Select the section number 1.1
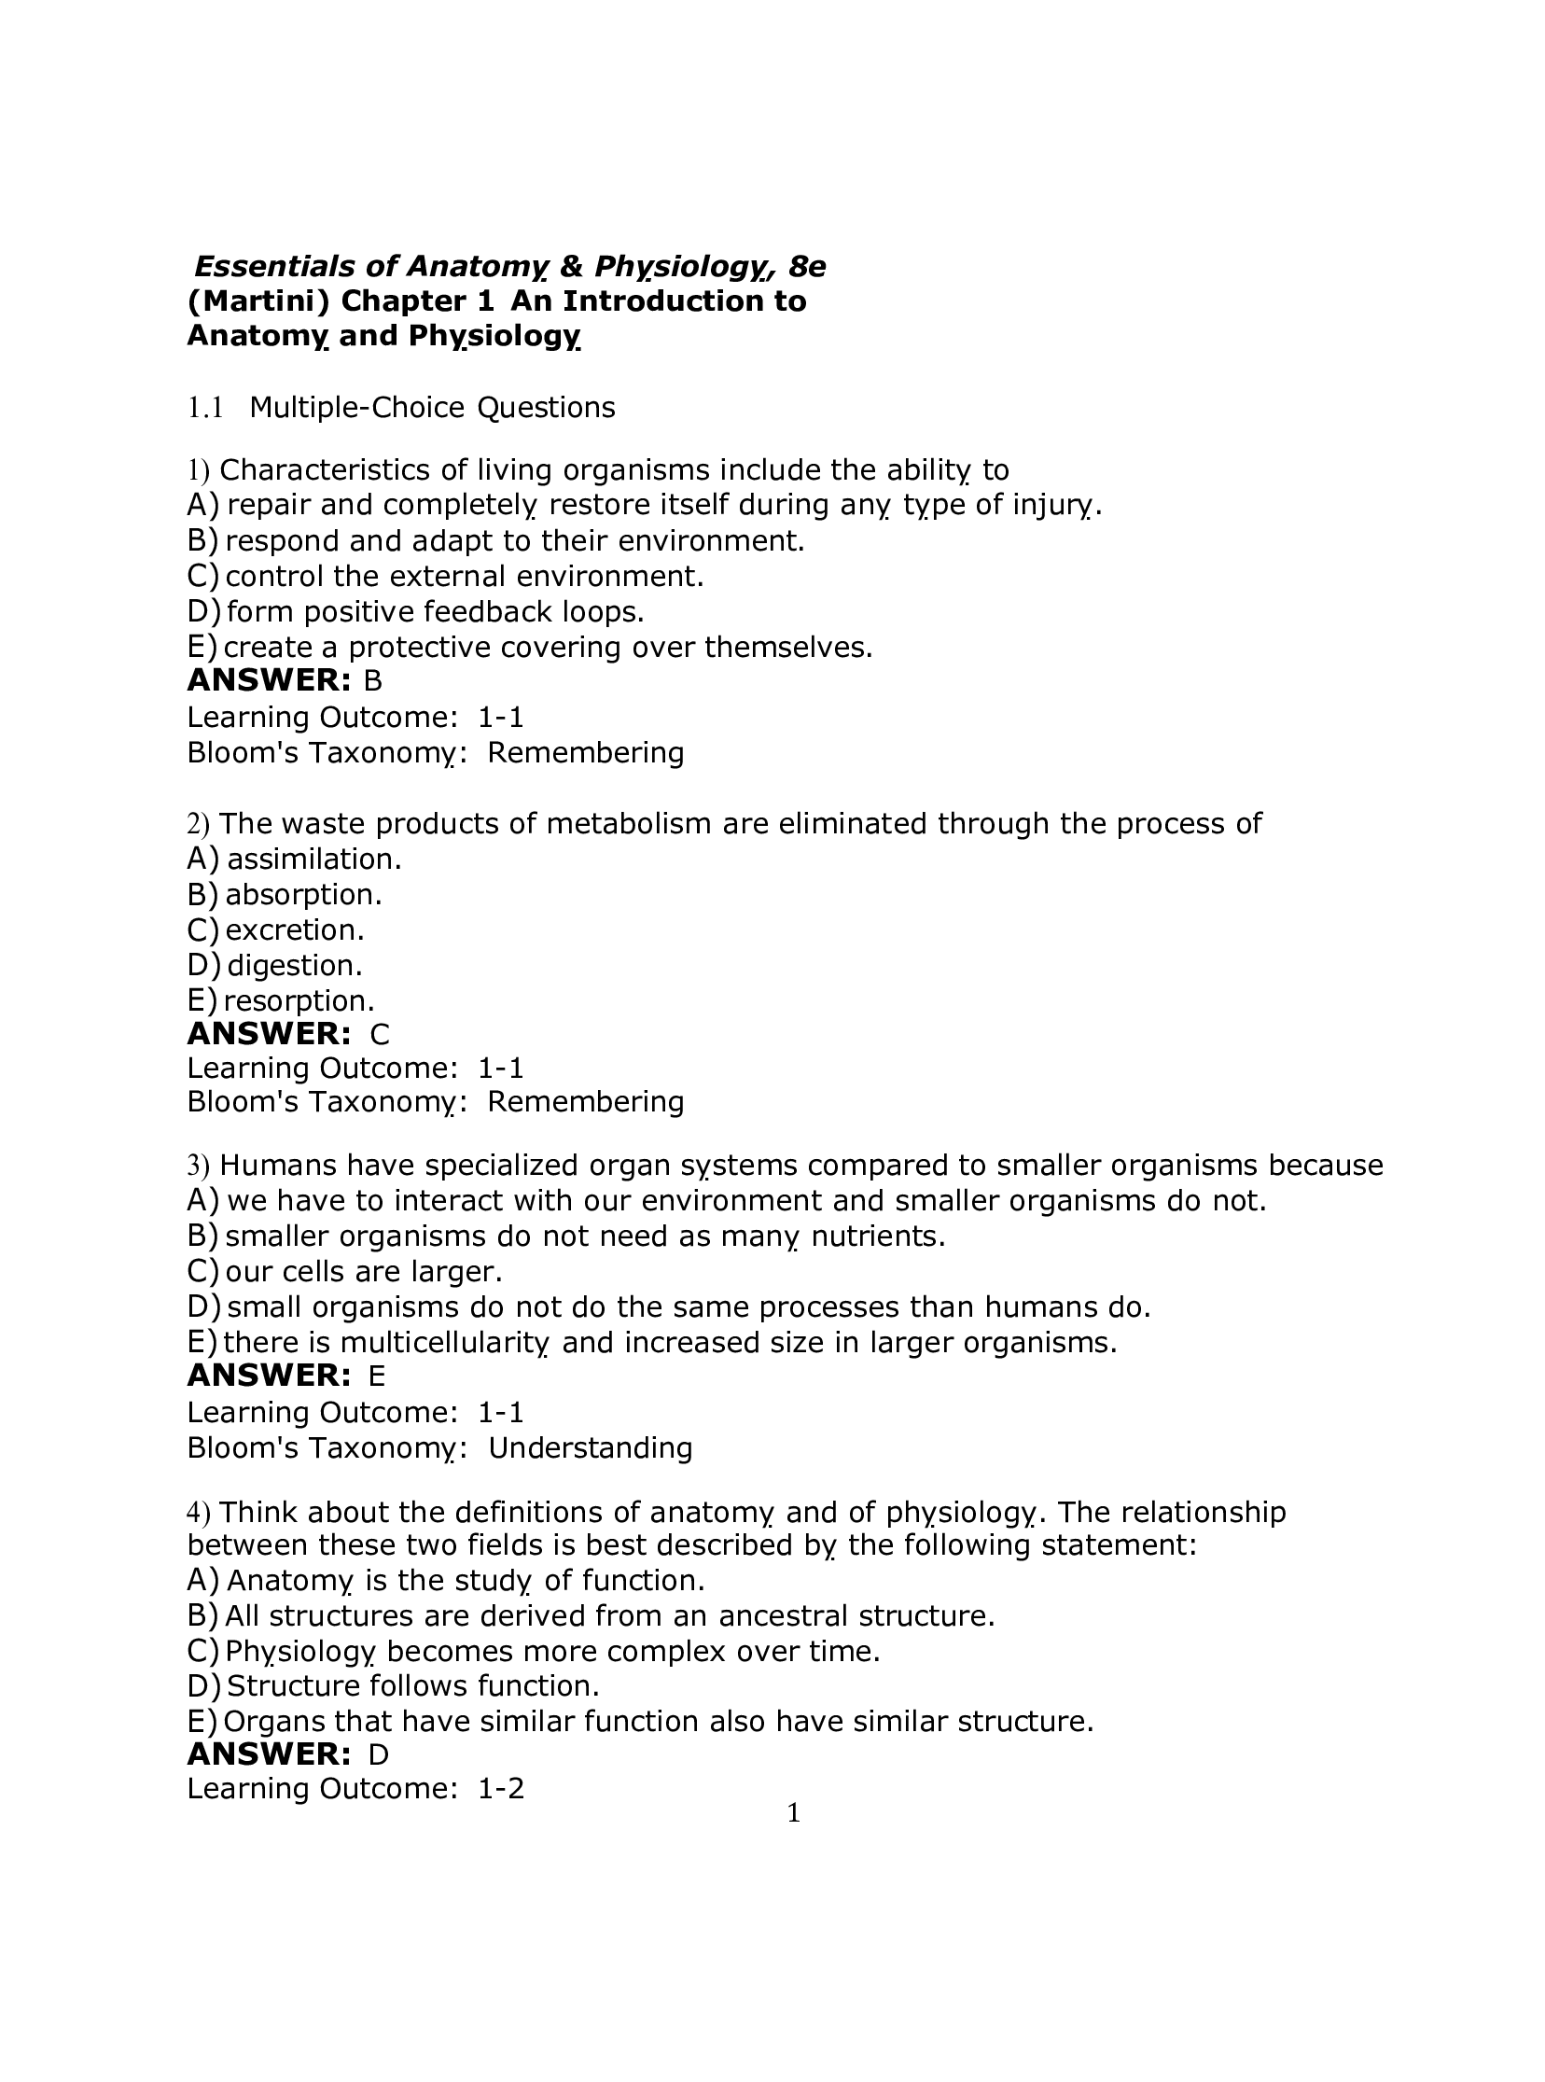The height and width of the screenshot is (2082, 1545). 205,408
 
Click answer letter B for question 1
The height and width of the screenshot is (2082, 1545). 373,681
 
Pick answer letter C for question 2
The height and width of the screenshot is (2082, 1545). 380,1034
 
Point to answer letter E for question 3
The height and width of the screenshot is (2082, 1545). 377,1376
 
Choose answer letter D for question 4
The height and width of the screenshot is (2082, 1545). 378,1754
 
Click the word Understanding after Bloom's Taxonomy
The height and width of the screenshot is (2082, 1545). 591,1447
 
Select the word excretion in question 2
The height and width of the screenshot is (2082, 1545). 295,930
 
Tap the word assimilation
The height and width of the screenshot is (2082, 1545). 314,859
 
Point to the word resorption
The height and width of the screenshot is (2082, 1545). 299,1001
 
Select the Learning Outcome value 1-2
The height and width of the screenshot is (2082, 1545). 501,1789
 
